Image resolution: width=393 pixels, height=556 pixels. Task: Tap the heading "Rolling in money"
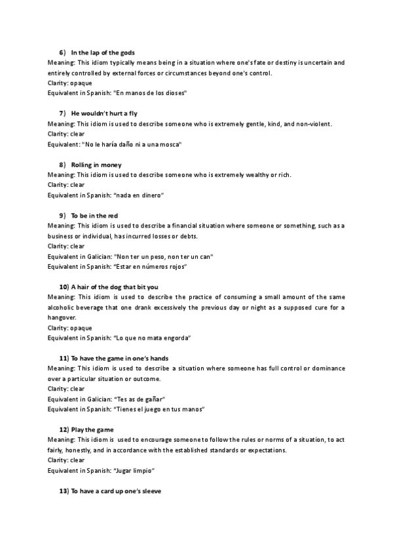(x=96, y=165)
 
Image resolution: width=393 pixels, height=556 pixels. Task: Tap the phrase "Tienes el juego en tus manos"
(x=160, y=409)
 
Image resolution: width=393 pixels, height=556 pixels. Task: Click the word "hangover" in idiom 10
(x=62, y=317)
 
